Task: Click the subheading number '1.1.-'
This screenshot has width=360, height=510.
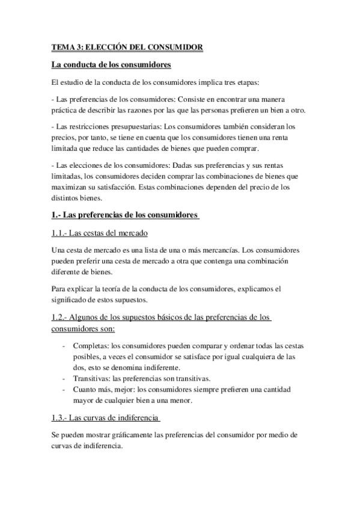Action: [61, 233]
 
